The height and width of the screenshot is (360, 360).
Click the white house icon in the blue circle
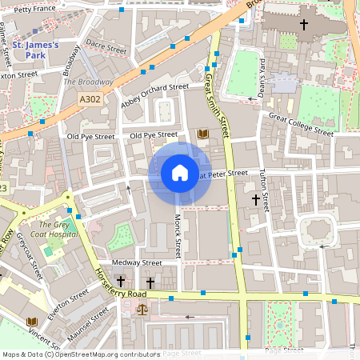click(179, 173)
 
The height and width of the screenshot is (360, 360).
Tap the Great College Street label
click(301, 124)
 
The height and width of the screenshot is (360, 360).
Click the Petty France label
click(33, 9)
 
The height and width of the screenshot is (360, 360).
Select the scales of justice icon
click(142, 308)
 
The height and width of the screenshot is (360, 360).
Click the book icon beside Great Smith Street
click(202, 134)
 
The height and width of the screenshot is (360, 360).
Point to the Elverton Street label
click(67, 305)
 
